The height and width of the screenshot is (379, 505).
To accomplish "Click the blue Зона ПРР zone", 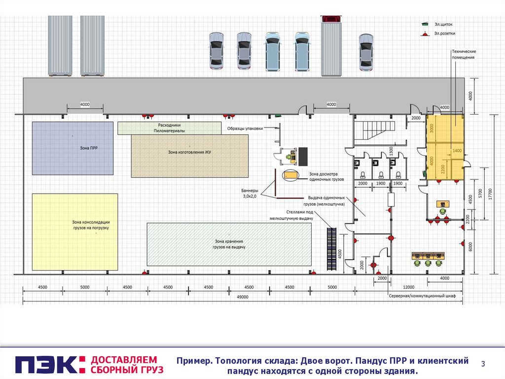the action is click(x=72, y=148).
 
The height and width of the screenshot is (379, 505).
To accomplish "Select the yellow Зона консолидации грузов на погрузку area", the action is click(x=75, y=232).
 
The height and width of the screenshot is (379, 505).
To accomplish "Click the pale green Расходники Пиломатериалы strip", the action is click(x=169, y=128).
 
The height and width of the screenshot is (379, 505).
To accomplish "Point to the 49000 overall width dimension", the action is click(x=242, y=297).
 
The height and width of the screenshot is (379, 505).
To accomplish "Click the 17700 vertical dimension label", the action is click(x=491, y=193).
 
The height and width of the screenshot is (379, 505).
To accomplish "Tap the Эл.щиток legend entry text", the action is click(x=443, y=24).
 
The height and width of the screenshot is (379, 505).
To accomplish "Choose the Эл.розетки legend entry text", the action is click(x=445, y=34).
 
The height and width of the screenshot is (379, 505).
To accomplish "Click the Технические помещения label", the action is click(x=464, y=54).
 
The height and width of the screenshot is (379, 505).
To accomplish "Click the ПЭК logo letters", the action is click(x=46, y=364).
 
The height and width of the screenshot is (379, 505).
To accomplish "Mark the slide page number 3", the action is click(x=483, y=364).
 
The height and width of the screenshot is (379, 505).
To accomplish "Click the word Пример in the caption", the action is click(x=194, y=361).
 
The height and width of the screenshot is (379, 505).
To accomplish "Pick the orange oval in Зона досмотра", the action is click(x=289, y=175).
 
